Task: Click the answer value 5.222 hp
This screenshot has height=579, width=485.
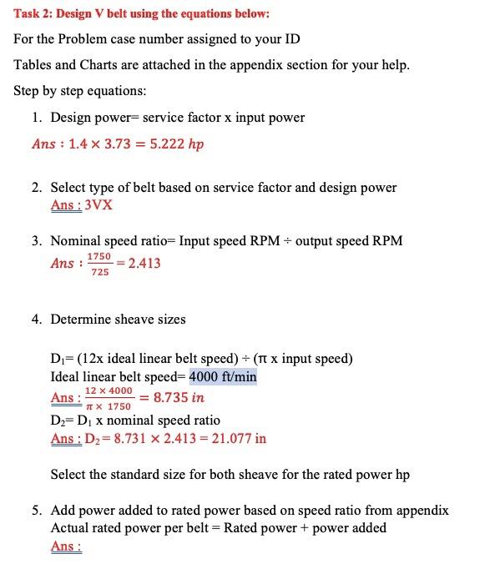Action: coord(177,144)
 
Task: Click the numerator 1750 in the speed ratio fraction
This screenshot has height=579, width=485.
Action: coord(99,256)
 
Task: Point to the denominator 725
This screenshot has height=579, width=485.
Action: coord(99,272)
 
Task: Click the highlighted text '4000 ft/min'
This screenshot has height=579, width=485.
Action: coord(223,377)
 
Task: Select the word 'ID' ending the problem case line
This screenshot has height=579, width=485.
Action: coord(292,39)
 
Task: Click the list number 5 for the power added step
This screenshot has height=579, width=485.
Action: coord(37,510)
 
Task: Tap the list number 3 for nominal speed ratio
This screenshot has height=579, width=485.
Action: coord(37,241)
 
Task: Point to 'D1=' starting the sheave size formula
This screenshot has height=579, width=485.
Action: coord(62,360)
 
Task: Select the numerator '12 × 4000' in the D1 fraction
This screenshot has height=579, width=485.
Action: coord(109,390)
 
